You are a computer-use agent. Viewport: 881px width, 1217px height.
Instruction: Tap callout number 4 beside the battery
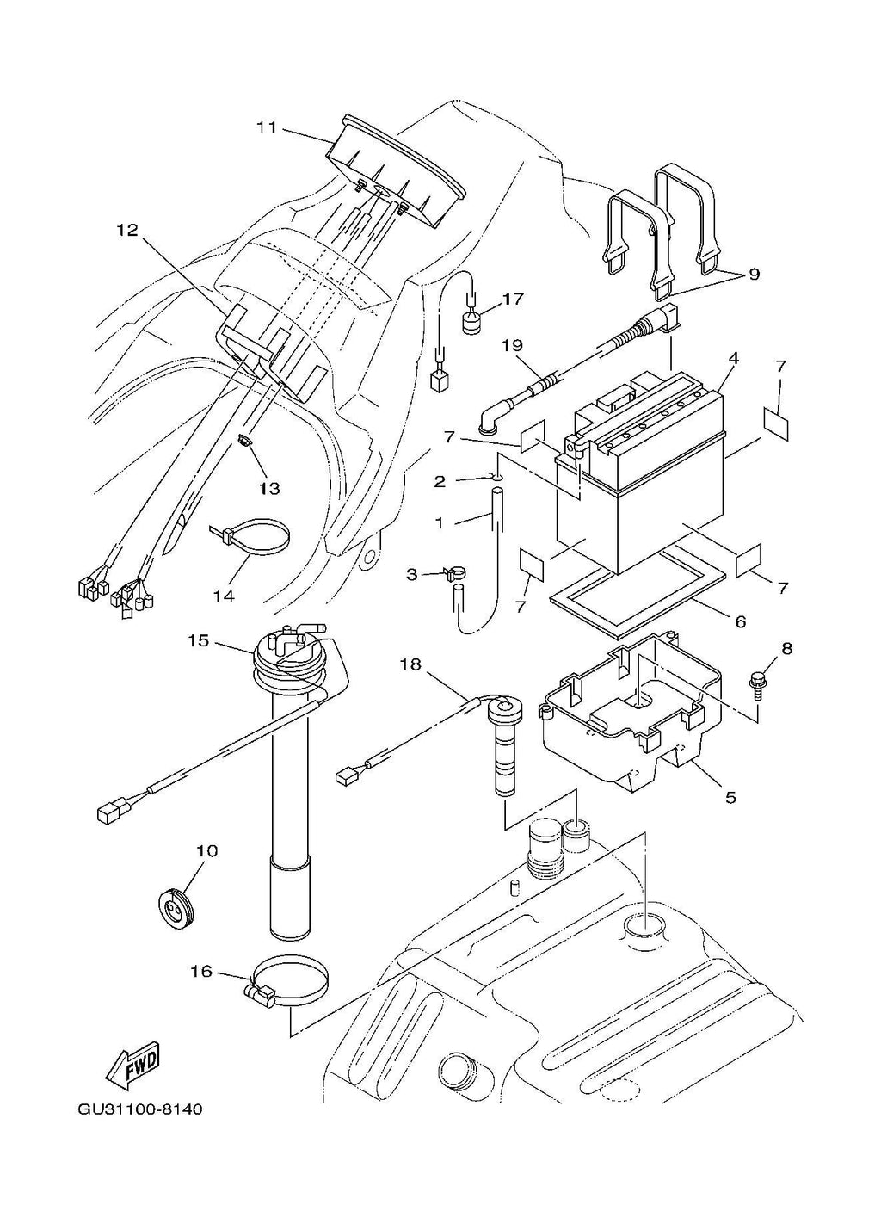(734, 359)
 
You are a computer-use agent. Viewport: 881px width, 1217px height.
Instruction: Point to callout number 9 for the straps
(754, 275)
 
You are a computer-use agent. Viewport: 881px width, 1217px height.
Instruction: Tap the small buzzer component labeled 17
(473, 322)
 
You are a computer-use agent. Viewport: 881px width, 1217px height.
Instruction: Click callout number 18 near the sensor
(411, 665)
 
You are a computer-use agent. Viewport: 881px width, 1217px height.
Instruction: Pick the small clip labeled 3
(452, 573)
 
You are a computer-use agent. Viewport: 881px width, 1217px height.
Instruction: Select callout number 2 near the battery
(440, 481)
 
